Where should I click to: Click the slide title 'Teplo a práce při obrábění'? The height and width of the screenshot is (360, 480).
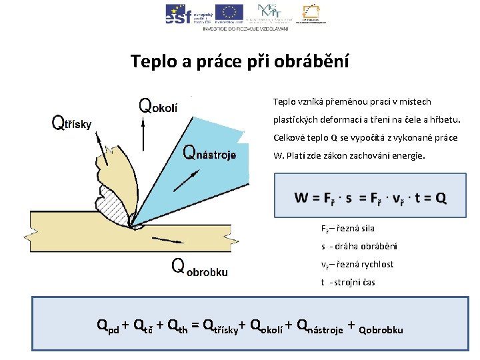coord(239,62)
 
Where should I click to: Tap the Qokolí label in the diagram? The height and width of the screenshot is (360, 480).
coord(158,106)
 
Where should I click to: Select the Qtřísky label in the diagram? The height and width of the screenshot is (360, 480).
coord(72,123)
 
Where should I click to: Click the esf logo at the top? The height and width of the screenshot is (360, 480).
coord(179,13)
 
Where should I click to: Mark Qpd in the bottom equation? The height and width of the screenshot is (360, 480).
coord(108,327)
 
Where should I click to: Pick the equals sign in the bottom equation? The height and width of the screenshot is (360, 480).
coord(195,326)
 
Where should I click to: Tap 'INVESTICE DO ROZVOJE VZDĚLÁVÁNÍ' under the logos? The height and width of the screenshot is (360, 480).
coord(245,29)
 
